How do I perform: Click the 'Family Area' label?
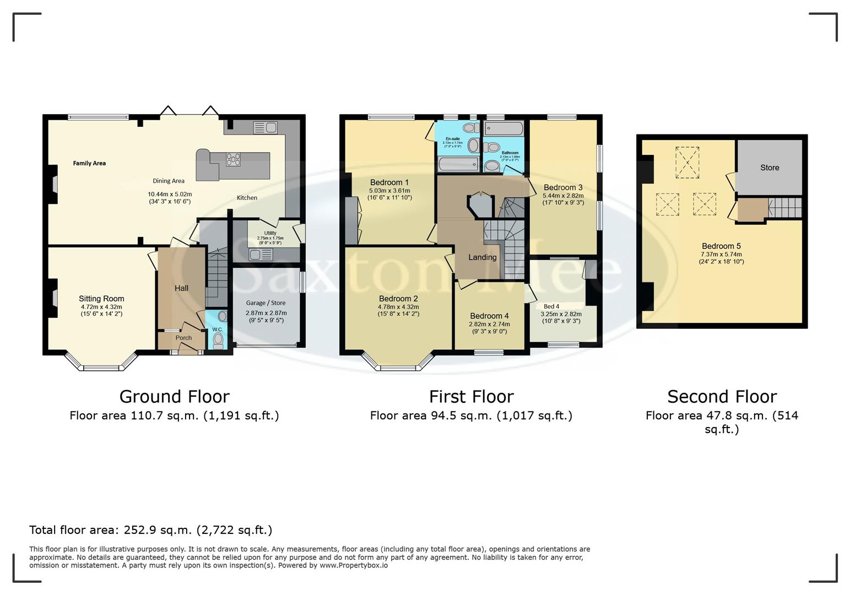tap(89, 163)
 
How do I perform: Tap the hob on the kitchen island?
tap(233, 159)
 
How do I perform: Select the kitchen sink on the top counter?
tap(265, 128)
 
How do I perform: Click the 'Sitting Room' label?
tap(101, 299)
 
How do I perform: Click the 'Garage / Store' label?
tap(266, 303)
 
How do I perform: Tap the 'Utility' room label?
tap(270, 233)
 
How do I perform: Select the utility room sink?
tap(261, 255)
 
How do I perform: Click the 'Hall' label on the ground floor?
tap(181, 288)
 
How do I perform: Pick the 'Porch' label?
tap(183, 338)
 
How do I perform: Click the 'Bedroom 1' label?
tap(389, 182)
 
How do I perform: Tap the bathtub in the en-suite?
tap(458, 164)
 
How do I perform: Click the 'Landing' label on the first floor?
tap(483, 257)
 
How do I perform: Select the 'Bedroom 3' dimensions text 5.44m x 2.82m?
tap(562, 196)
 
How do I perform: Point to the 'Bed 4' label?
tap(551, 306)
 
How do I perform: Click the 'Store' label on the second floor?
tap(770, 167)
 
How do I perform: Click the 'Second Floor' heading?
tap(722, 396)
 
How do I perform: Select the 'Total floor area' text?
tap(150, 530)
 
